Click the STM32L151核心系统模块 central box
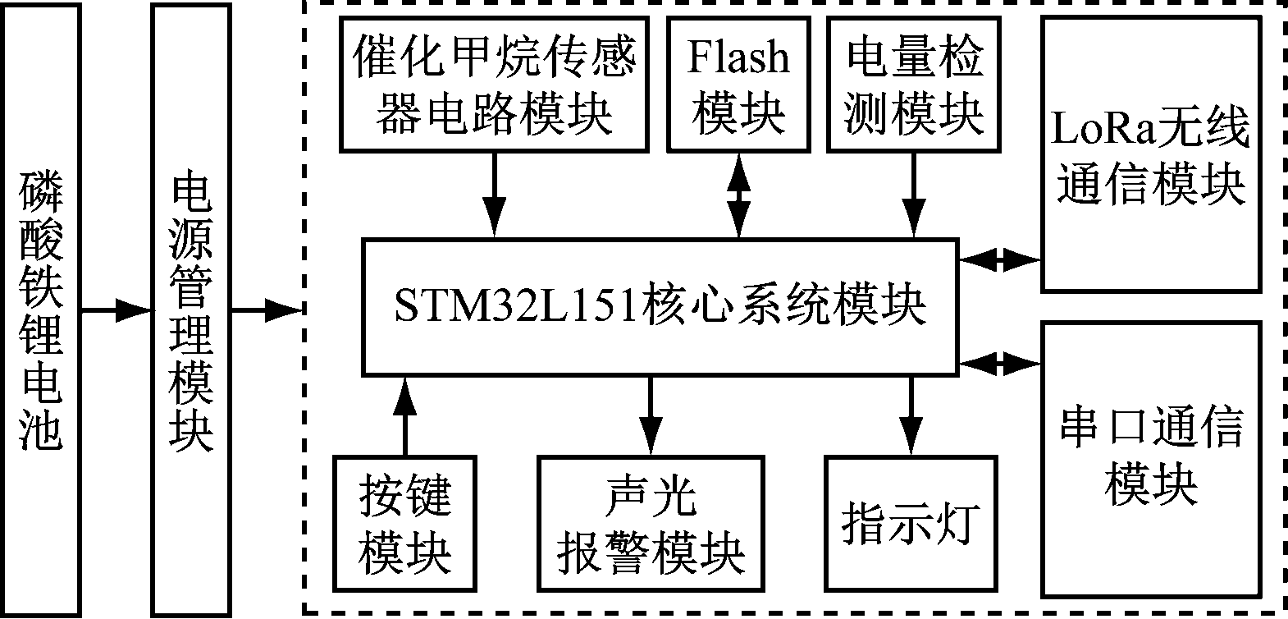click(660, 307)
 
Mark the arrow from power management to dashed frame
click(266, 310)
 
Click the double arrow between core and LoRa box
click(999, 261)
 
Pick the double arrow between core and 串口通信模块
click(999, 361)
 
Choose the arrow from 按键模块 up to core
click(404, 415)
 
